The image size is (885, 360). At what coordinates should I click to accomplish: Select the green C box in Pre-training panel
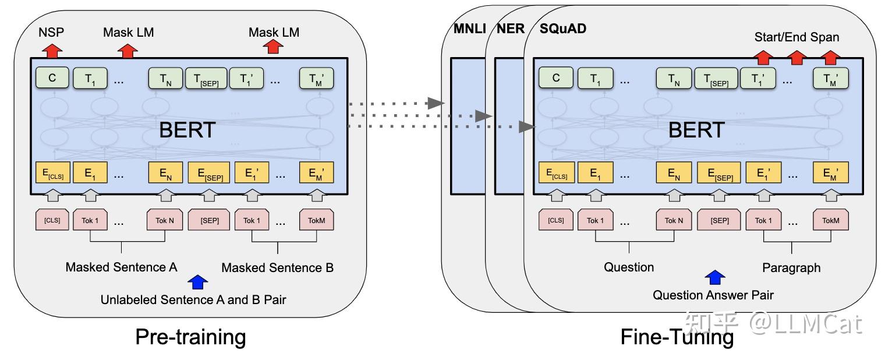point(52,78)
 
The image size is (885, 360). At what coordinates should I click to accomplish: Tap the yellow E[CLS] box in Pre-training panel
point(52,173)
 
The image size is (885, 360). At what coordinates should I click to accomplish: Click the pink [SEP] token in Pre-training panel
point(210,221)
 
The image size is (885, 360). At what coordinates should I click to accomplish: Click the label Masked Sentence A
point(121,267)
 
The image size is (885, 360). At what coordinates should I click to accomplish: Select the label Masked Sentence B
point(277,268)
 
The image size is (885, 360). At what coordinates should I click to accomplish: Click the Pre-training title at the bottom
point(190,337)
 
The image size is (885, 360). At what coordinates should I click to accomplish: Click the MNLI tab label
point(469,29)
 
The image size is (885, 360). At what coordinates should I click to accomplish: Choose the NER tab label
point(511,29)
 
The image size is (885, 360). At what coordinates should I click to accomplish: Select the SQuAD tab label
point(562,29)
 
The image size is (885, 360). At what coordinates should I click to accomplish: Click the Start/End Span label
point(796,37)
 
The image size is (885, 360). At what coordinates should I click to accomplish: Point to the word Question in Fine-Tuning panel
point(629,267)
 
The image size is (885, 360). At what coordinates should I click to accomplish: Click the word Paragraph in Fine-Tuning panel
point(791,268)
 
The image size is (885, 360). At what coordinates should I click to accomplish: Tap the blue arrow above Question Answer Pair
point(714,277)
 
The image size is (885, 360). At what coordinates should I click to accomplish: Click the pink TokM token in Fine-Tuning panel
point(831,221)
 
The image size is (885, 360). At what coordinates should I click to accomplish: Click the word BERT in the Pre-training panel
point(187,130)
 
